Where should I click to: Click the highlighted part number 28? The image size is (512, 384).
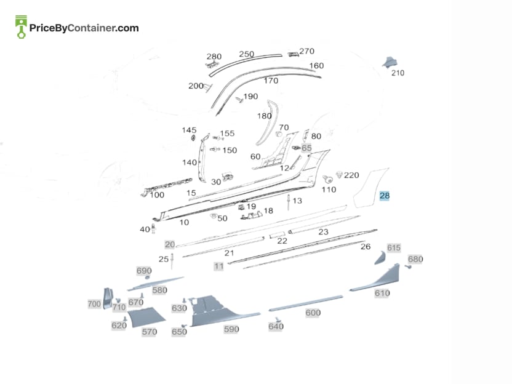click(x=385, y=196)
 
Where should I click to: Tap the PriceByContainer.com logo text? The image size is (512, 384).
click(x=84, y=28)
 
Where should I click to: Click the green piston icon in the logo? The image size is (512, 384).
click(x=21, y=27)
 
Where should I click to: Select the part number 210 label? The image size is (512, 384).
click(x=398, y=73)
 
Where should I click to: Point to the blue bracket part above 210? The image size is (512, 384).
click(x=390, y=62)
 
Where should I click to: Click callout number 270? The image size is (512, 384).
click(x=306, y=51)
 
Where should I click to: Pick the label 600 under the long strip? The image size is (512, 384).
click(x=313, y=313)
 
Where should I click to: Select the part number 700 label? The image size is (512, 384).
click(x=94, y=304)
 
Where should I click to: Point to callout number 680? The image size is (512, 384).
click(x=415, y=259)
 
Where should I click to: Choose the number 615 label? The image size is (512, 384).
click(x=394, y=248)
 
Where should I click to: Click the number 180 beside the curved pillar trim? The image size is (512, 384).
click(x=264, y=116)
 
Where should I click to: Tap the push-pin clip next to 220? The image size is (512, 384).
click(x=339, y=175)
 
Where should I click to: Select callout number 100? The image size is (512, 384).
click(x=157, y=195)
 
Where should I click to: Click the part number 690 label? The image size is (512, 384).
click(x=144, y=271)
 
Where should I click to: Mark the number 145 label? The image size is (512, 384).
click(x=189, y=130)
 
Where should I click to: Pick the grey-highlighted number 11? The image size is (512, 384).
click(x=219, y=266)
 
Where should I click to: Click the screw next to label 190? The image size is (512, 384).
click(x=239, y=100)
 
